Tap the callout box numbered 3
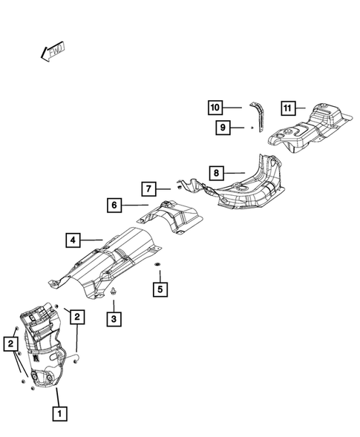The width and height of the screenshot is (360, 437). pyautogui.click(x=114, y=320)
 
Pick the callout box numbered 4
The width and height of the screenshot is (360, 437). pyautogui.click(x=72, y=240)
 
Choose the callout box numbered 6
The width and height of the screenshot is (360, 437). pyautogui.click(x=114, y=205)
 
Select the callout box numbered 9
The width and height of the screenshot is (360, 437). pyautogui.click(x=222, y=128)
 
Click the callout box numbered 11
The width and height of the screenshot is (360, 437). pyautogui.click(x=289, y=108)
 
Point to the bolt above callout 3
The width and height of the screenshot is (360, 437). pyautogui.click(x=114, y=295)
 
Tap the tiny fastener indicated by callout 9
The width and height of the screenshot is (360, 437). pyautogui.click(x=252, y=128)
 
